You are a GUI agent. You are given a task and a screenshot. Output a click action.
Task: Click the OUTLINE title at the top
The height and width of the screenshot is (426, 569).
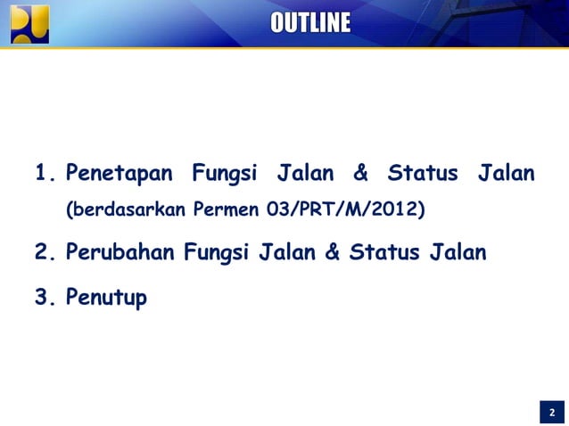tap(310, 23)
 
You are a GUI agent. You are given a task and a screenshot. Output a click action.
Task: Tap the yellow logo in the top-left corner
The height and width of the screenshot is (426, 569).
tap(29, 23)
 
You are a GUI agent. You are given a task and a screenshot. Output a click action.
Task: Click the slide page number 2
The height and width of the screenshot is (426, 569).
tap(551, 413)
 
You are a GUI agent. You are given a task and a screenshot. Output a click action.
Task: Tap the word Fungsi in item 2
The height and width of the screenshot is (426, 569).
tap(218, 253)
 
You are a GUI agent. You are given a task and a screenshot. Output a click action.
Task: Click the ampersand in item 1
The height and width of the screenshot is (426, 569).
tap(362, 172)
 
